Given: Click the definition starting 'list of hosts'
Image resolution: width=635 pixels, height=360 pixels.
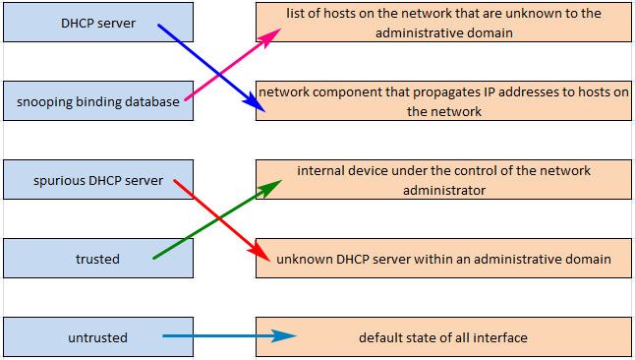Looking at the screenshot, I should [443, 22].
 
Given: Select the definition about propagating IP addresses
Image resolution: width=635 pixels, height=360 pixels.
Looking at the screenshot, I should [443, 101].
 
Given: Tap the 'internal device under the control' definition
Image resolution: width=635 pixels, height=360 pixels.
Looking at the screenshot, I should [443, 180].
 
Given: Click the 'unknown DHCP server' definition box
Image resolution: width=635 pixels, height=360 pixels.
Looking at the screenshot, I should [443, 259].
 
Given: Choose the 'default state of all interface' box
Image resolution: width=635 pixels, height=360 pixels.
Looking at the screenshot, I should [443, 337].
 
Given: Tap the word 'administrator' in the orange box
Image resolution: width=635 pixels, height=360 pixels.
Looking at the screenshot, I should [443, 190].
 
